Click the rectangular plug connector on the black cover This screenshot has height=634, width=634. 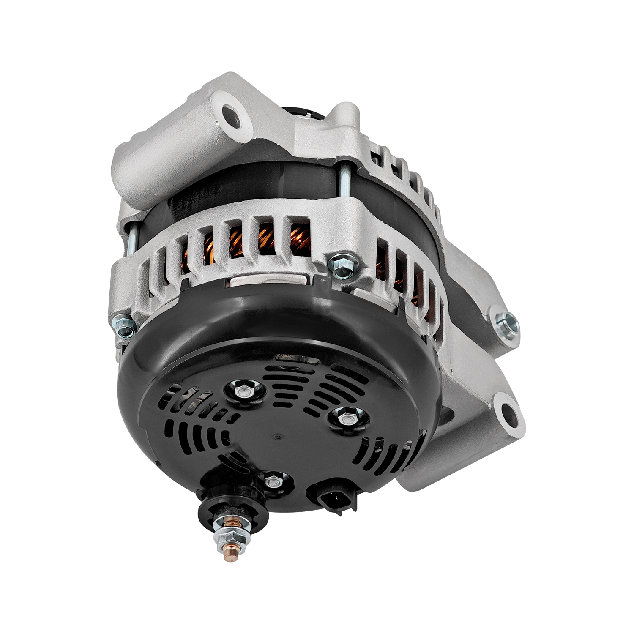332,497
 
